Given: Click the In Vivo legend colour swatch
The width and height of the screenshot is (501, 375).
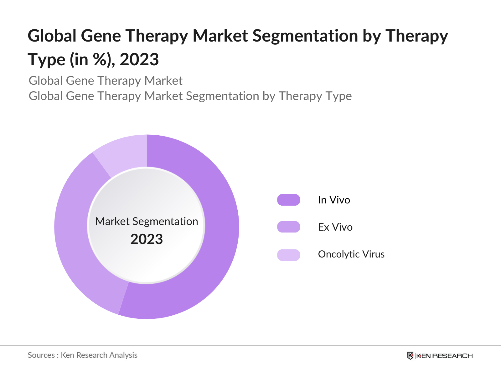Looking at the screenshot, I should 288,200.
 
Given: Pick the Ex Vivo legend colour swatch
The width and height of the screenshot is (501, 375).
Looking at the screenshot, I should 288,227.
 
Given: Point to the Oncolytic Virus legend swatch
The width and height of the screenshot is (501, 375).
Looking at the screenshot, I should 288,255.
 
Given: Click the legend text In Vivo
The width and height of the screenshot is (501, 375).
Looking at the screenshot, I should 334,200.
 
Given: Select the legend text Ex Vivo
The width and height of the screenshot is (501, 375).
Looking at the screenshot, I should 335,227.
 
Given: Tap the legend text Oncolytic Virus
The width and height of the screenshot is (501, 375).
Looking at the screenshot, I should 351,254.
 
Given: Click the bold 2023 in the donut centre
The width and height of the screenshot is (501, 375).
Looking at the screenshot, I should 147,239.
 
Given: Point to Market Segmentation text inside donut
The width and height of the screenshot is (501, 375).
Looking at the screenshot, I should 147,221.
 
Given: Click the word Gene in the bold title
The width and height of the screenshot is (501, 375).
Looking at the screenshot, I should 101,36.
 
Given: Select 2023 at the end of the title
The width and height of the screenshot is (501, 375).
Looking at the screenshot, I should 139,60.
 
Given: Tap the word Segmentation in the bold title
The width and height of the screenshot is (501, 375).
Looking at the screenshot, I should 305,36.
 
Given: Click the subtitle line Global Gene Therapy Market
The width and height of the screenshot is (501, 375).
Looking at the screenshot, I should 106,81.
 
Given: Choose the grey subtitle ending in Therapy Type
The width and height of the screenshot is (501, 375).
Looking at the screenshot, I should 190,96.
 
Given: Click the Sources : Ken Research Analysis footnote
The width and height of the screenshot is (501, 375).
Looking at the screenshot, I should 83,355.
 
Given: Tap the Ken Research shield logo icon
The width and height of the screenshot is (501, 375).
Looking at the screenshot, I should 410,356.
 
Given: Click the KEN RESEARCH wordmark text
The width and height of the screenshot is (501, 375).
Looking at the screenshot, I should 444,356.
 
